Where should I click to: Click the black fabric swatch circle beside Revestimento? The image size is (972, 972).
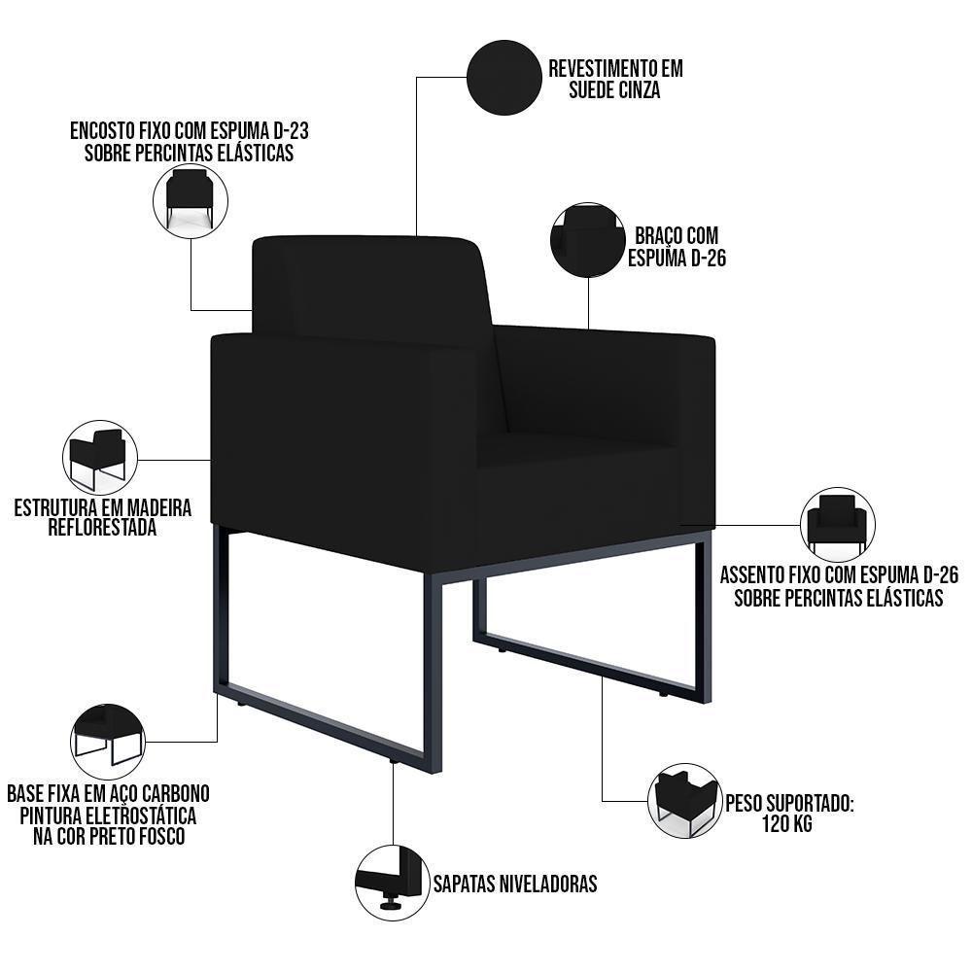[x=503, y=76]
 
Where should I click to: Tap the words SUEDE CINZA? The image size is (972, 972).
[x=605, y=90]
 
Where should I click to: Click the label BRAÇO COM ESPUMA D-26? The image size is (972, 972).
[x=677, y=247]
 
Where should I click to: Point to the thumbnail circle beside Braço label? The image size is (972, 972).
[x=587, y=240]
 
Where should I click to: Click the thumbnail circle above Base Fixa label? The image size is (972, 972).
[x=107, y=741]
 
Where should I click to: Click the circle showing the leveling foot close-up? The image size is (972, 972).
[x=393, y=883]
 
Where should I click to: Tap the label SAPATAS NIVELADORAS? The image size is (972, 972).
[x=514, y=884]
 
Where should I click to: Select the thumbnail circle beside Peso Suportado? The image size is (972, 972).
[x=684, y=800]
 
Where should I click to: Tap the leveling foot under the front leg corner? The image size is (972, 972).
[x=395, y=763]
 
